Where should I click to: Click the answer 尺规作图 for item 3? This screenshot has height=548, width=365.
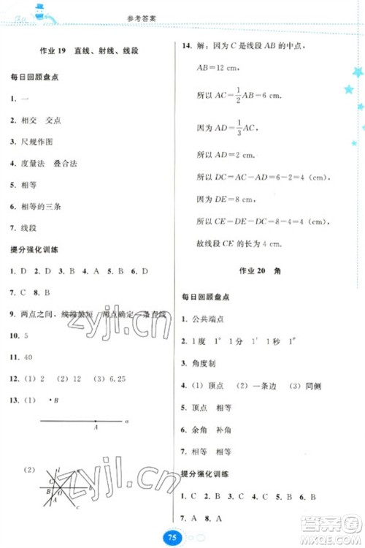click(38, 141)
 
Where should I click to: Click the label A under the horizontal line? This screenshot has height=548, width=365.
click(95, 429)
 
